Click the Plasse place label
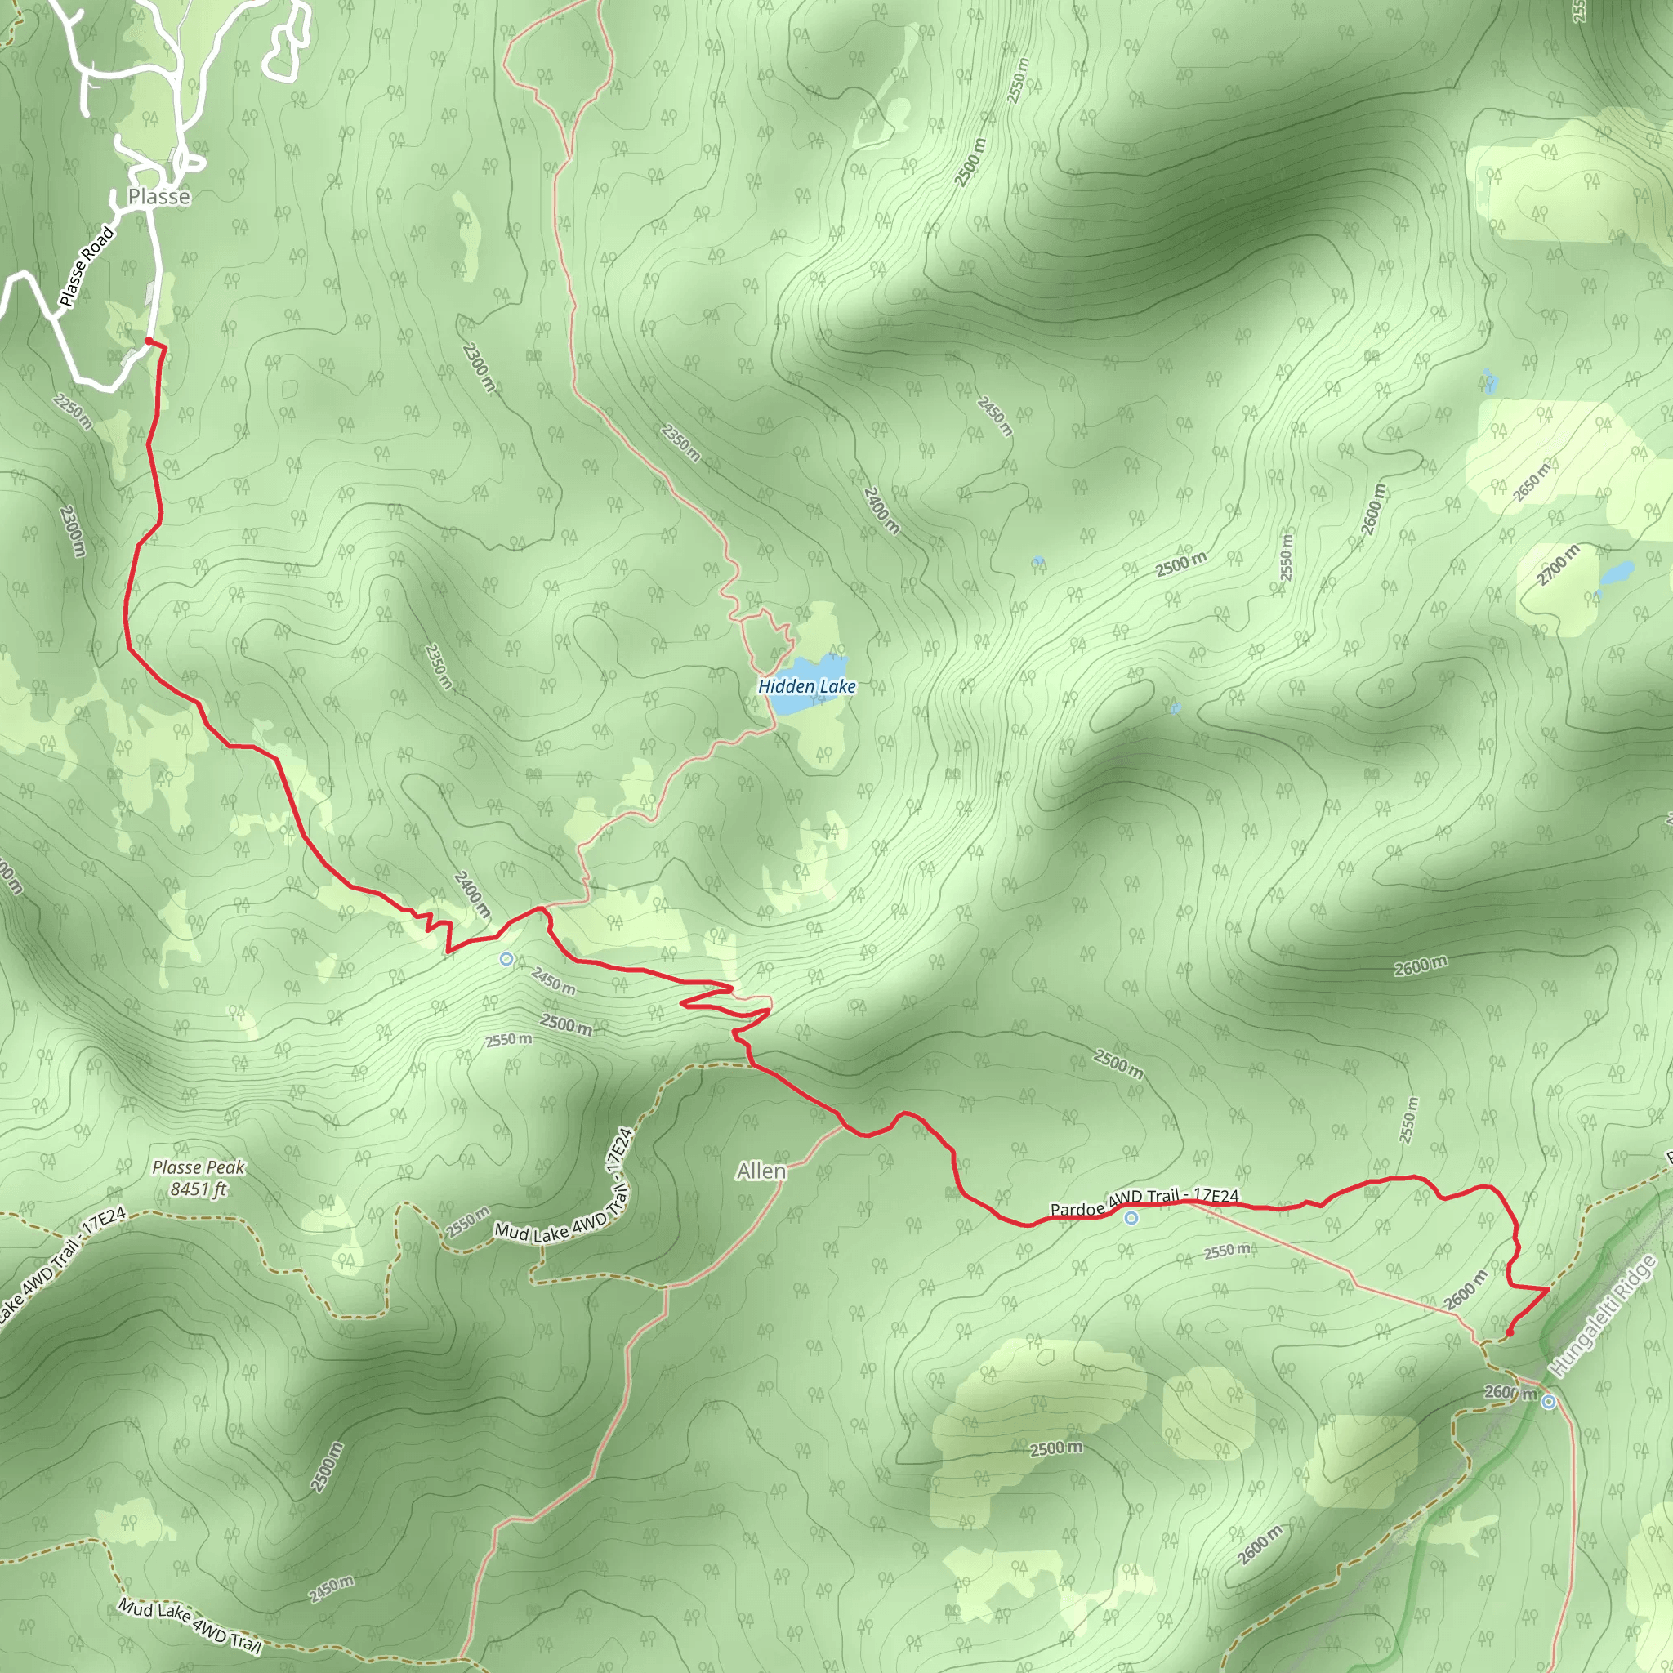click(x=159, y=197)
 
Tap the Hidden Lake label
click(x=806, y=687)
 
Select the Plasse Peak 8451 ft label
click(x=199, y=1178)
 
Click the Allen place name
click(x=761, y=1171)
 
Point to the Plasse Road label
click(x=87, y=265)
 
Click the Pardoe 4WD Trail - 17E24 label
click(x=1144, y=1202)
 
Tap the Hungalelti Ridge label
click(x=1603, y=1316)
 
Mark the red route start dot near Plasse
click(x=149, y=341)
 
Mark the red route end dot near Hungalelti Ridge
click(x=1510, y=1332)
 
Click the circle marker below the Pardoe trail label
click(x=1131, y=1218)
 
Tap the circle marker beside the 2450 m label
click(x=506, y=958)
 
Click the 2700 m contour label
click(x=1558, y=565)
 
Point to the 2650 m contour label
click(x=1532, y=481)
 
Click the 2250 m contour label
click(x=73, y=410)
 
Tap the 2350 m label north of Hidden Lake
click(x=680, y=443)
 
